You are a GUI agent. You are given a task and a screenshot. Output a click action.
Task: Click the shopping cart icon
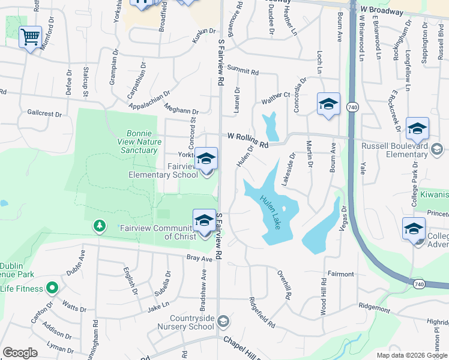pos(30,38)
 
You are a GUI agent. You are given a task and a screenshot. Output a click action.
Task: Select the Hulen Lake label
pos(270,212)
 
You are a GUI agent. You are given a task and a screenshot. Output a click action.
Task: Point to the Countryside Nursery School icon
pos(223,322)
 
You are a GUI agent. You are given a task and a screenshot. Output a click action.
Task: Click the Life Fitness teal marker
pos(52,289)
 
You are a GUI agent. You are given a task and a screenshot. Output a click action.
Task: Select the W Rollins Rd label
pos(247,140)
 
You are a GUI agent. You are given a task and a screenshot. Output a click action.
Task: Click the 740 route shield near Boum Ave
pos(352,106)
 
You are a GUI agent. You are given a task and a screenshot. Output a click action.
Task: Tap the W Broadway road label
pos(382,11)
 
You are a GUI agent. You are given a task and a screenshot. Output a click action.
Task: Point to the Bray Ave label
pos(199,259)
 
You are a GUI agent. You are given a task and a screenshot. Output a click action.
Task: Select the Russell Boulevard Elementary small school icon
pos(437,149)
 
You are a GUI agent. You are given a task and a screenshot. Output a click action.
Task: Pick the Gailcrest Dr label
pos(44,113)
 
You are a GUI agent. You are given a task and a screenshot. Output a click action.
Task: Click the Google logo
pos(20,352)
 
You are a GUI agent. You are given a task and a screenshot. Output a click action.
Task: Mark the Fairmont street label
pos(340,274)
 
